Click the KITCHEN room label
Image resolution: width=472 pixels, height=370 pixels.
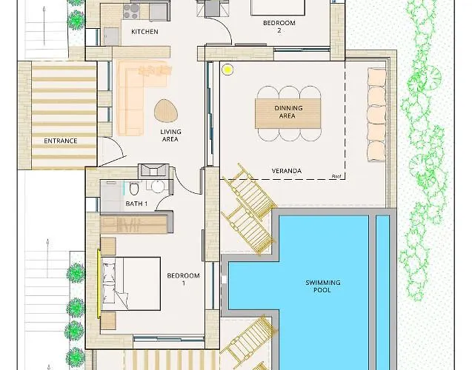144,32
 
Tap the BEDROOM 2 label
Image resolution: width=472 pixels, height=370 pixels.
279,27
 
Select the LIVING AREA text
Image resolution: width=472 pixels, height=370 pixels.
170,135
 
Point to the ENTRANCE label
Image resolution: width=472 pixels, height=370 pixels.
61,141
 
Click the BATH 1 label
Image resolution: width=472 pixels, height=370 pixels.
136,203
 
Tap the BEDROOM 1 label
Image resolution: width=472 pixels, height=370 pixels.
183,279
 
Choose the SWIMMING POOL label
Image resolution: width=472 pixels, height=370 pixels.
323,286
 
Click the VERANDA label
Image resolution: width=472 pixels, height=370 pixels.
287,171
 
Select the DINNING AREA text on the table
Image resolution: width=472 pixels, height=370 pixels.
288,112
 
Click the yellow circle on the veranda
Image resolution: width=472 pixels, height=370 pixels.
227,70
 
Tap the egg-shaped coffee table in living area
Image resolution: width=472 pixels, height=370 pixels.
165,110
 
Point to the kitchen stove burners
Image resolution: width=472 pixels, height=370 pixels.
131,11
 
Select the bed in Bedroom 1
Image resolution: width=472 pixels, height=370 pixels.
130,283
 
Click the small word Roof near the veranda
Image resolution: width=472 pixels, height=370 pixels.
336,176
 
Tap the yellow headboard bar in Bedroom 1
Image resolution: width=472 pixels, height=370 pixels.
99,283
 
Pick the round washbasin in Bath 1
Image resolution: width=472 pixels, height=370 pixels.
157,186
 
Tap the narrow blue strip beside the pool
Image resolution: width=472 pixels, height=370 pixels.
382,292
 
